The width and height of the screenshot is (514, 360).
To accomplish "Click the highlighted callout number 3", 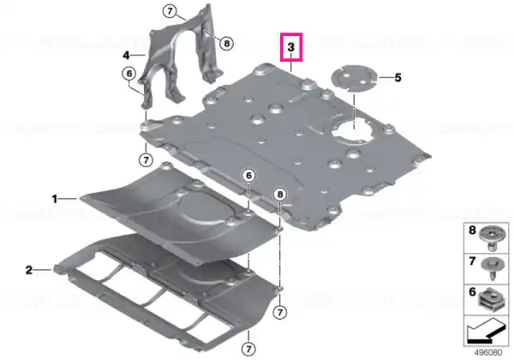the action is coord(291,47).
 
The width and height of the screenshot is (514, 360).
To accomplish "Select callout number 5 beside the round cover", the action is coord(397,78).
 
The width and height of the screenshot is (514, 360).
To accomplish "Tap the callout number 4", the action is coord(127,56).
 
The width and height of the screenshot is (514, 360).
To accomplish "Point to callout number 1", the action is coord(55,199).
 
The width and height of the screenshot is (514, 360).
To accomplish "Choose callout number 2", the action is coord(29,270).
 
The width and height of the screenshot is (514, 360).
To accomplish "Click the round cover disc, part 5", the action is coord(355,78).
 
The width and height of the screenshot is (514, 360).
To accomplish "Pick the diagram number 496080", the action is coord(488,353).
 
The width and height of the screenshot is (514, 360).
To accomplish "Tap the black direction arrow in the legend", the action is coord(486,332).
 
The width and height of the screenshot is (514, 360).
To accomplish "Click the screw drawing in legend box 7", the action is coord(492,269).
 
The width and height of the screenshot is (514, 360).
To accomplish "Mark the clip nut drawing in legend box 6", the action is coord(491,299).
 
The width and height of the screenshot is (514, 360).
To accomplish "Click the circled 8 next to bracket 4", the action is coord(226,43).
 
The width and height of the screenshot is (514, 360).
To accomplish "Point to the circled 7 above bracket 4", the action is coord(170,12).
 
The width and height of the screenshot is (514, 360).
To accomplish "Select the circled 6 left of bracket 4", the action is coord(129,74).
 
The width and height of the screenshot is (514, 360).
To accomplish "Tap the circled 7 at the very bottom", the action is coord(248,349).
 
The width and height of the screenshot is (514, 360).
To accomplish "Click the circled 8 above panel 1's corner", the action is coord(280,195).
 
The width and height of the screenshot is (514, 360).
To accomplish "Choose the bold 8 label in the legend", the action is coord(472,231).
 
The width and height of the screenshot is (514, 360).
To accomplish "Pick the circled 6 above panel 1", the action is coord(248,176).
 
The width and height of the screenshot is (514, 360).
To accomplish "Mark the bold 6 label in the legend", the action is coord(472,291).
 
